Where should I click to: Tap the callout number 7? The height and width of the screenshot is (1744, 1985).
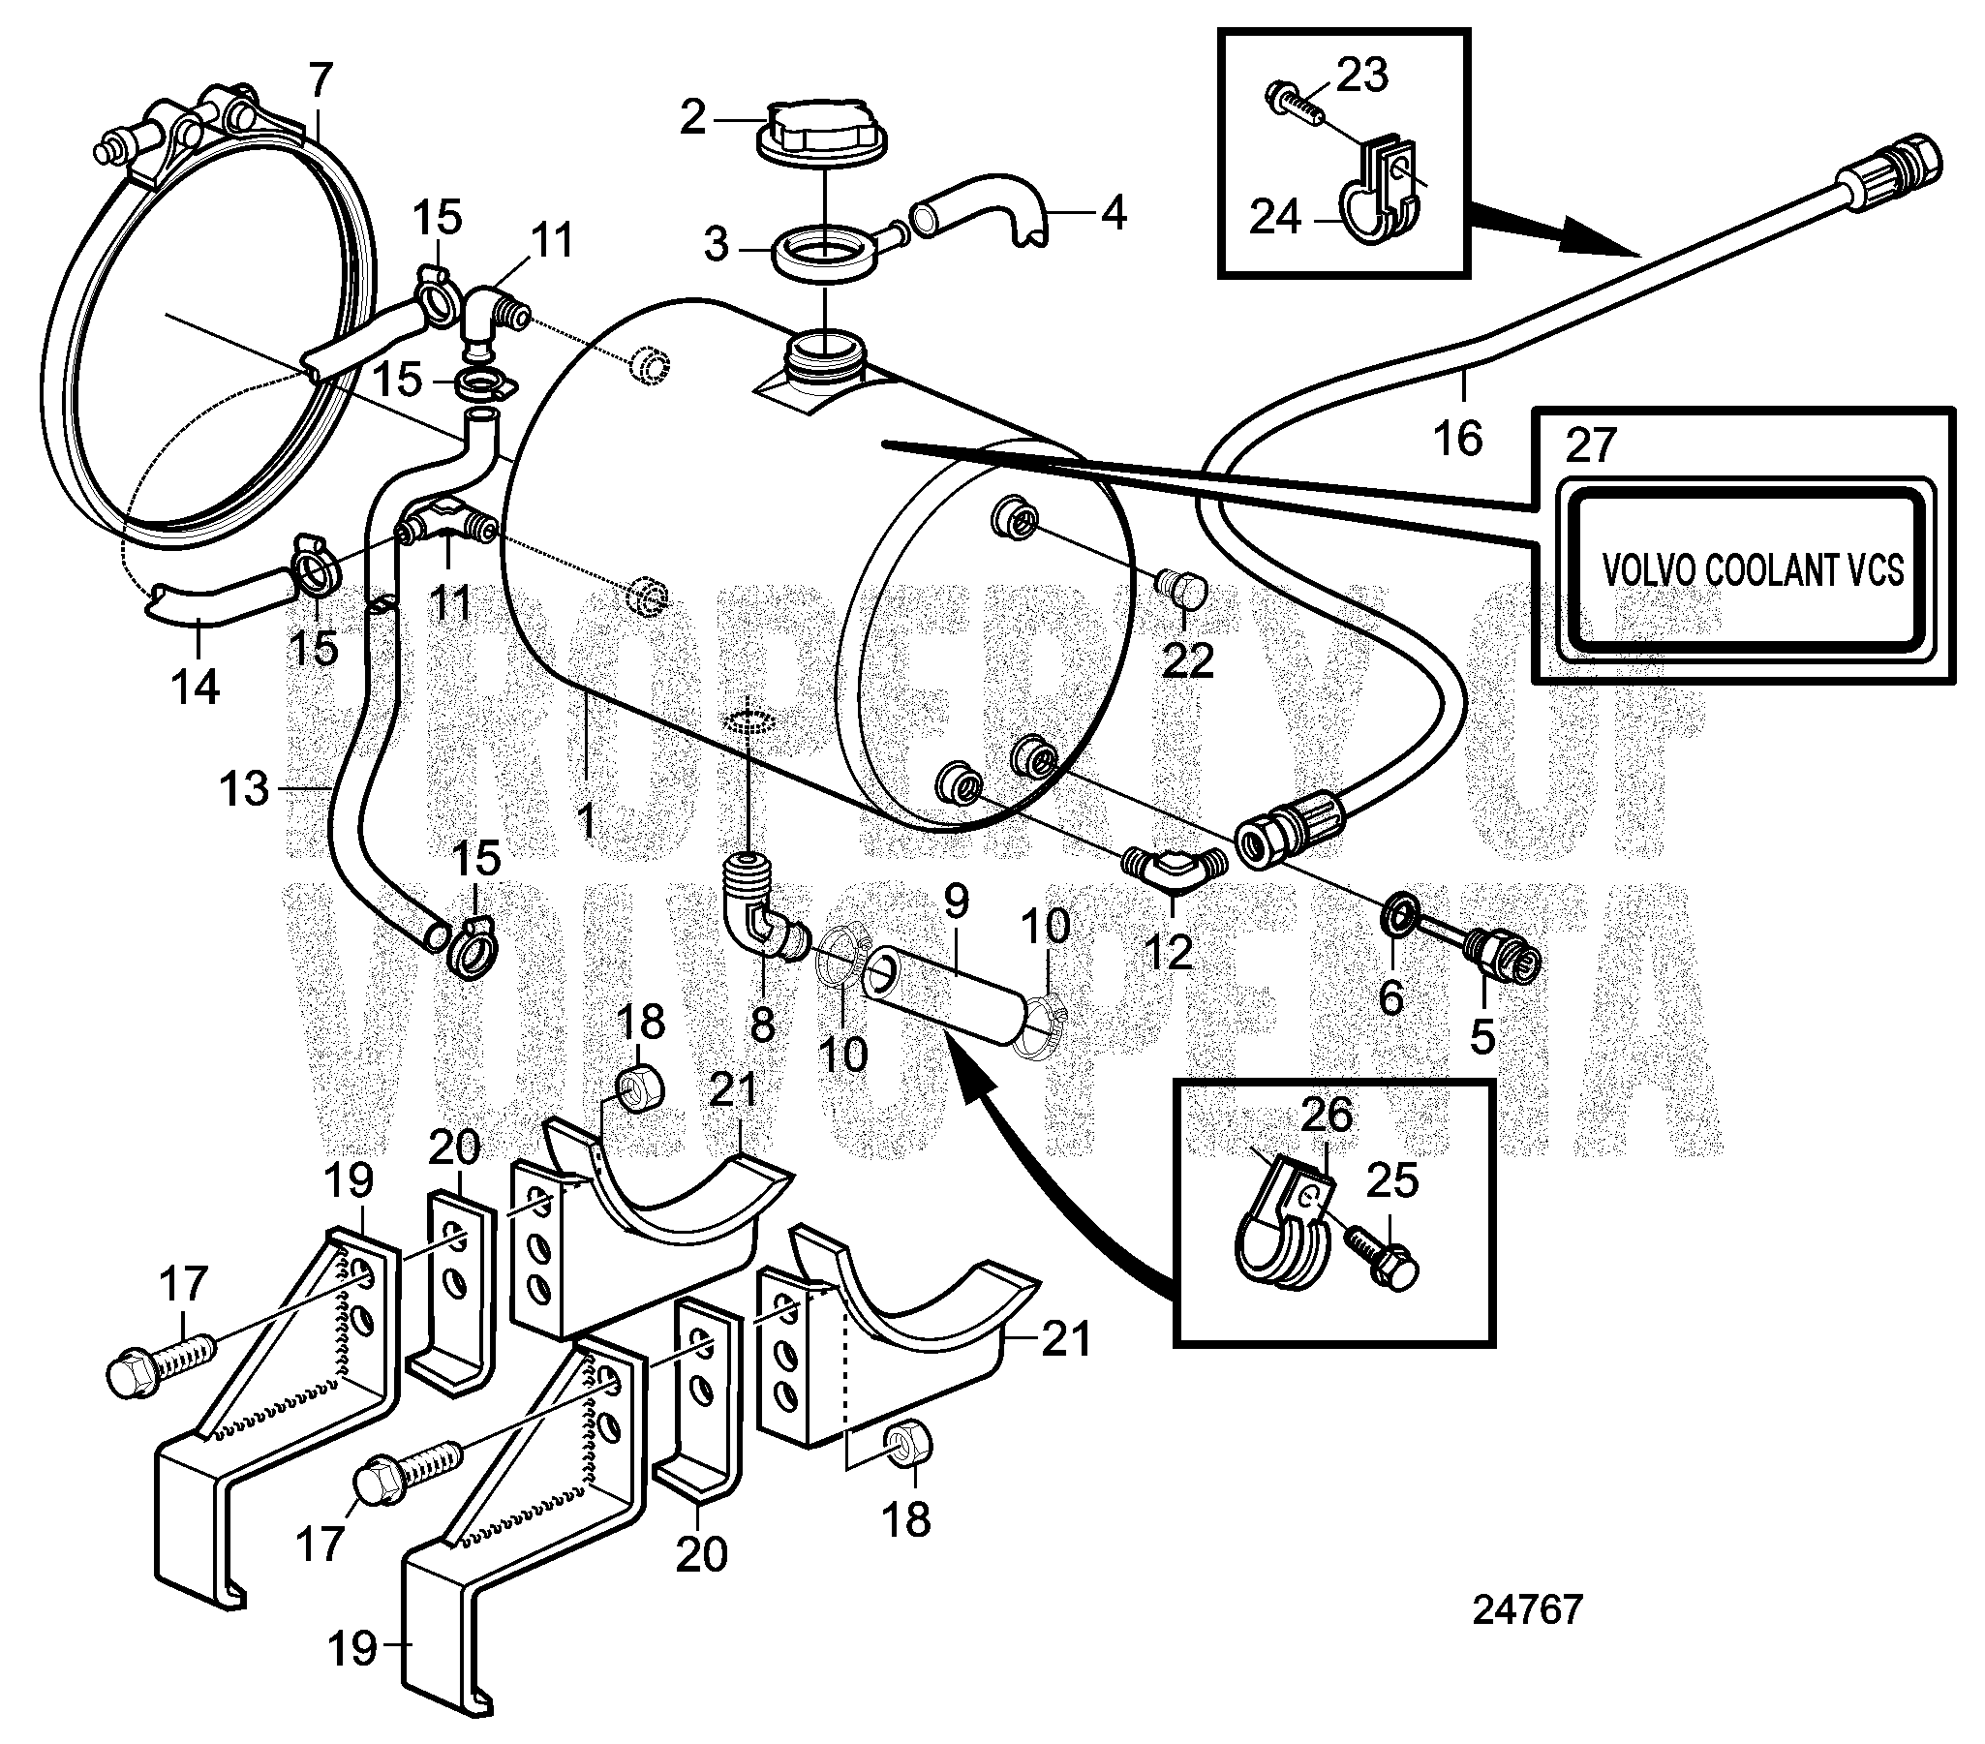321,78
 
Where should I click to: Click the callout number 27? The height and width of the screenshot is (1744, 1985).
1591,446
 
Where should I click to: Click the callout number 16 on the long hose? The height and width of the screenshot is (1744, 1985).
1457,438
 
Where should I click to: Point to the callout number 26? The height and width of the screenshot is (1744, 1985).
1327,1115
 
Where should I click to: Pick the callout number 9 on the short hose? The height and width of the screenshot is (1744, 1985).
956,902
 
